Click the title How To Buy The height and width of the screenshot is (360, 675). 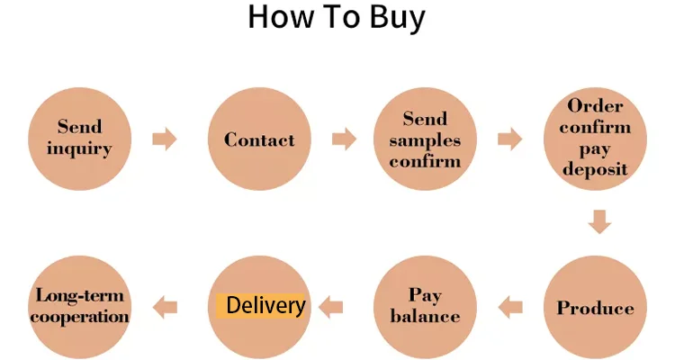[x=337, y=18]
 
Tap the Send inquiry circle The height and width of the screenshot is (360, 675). [x=79, y=139]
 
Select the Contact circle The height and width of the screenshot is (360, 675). [x=259, y=139]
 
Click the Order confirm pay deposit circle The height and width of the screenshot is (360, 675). [x=595, y=139]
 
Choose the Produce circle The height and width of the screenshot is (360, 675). [x=595, y=307]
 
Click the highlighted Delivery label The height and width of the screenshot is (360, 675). [x=261, y=305]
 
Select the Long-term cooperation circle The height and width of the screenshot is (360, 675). [x=79, y=307]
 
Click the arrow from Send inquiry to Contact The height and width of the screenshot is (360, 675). [x=165, y=139]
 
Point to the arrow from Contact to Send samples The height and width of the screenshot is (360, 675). [x=344, y=139]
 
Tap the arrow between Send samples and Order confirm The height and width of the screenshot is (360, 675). [x=510, y=139]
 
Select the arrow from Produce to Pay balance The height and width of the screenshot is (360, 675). [x=511, y=307]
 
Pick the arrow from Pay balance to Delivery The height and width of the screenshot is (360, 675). [x=332, y=307]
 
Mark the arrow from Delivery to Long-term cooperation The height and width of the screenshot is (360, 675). [x=165, y=308]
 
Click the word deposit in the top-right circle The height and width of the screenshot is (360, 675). [x=595, y=169]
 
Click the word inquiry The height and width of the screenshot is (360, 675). [x=79, y=148]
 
